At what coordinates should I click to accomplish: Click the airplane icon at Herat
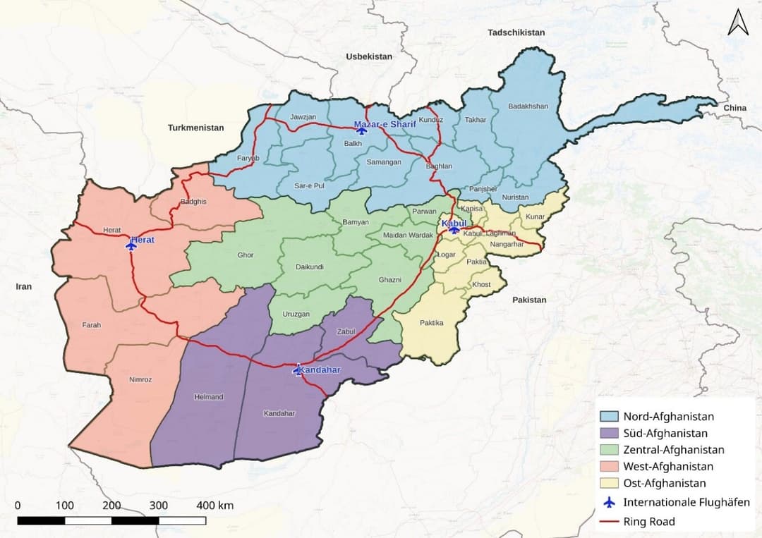[131, 245]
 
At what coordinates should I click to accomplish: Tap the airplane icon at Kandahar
[298, 370]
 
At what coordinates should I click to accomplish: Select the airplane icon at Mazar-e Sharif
[361, 130]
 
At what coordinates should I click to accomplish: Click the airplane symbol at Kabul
[454, 228]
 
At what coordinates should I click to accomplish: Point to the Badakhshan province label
[528, 106]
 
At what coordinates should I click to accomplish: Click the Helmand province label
[208, 397]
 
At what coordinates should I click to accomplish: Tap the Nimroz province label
[140, 379]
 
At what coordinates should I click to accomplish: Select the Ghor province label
[246, 255]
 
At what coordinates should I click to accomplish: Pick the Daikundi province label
[310, 267]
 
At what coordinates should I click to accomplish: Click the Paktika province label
[431, 323]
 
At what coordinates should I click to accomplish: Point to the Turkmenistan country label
[195, 128]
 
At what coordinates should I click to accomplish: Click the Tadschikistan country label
[516, 32]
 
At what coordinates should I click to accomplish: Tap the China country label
[734, 108]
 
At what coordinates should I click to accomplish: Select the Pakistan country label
[529, 300]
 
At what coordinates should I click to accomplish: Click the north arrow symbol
[738, 23]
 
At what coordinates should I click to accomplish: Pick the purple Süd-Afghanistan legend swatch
[608, 433]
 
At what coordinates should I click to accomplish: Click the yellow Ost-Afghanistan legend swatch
[608, 484]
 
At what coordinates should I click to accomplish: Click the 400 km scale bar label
[215, 506]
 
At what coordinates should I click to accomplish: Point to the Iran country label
[24, 286]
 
